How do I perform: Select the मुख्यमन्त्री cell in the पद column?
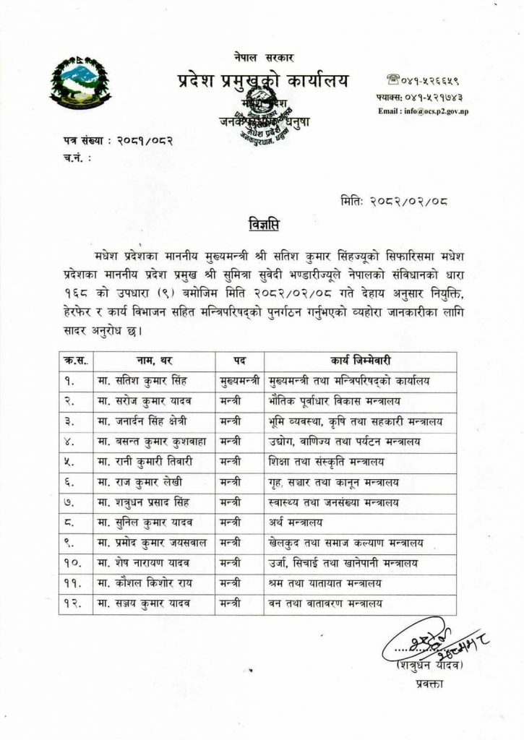[240, 379]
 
